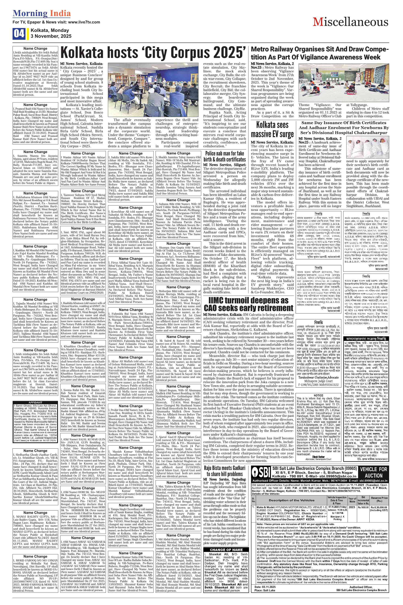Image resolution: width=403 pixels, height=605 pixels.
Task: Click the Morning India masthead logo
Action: pyautogui.click(x=42, y=13)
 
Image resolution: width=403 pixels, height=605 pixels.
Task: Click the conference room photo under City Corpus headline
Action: pyautogui.click(x=153, y=90)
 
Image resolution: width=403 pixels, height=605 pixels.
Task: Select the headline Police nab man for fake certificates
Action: pyautogui.click(x=224, y=156)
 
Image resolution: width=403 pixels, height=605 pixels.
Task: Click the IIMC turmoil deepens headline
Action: pyautogui.click(x=248, y=304)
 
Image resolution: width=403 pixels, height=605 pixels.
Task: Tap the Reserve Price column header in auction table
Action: pyautogui.click(x=379, y=492)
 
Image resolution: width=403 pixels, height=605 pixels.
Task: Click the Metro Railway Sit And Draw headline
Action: pyautogui.click(x=319, y=53)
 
